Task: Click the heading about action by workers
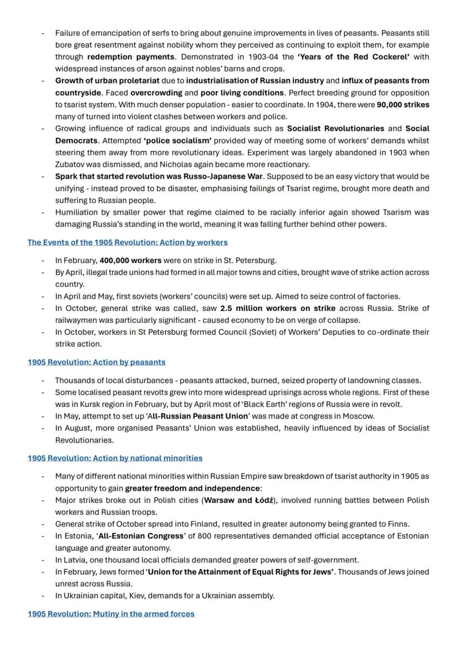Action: [127, 242]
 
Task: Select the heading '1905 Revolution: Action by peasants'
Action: [97, 362]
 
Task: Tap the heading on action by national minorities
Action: [115, 458]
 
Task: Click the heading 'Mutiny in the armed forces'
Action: [111, 614]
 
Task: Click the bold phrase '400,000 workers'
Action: [130, 260]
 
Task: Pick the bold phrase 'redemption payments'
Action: [131, 57]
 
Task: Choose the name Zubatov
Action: [70, 164]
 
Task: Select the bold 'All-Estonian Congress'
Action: [141, 536]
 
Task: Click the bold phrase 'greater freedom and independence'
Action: [192, 488]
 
